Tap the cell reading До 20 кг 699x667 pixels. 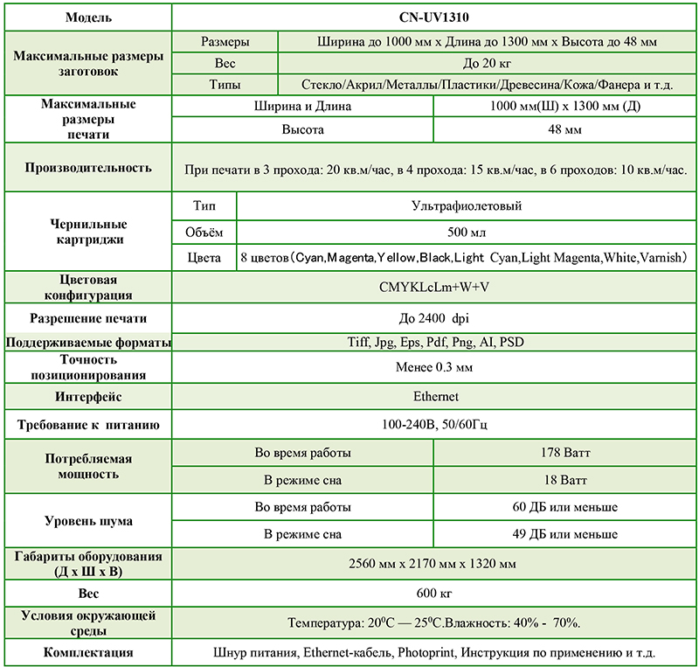[x=488, y=64]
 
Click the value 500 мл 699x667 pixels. [x=467, y=233]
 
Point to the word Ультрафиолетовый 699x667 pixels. [x=467, y=207]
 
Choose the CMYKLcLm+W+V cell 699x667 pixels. [x=435, y=287]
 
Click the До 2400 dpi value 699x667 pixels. [x=435, y=318]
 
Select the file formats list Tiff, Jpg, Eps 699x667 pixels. [x=435, y=342]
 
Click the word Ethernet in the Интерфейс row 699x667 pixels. [x=435, y=397]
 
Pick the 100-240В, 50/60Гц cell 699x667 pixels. [x=435, y=426]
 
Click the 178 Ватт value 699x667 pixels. [x=565, y=454]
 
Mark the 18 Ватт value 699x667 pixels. [x=565, y=481]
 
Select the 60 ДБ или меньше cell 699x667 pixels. [x=565, y=507]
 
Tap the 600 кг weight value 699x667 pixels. [x=435, y=594]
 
